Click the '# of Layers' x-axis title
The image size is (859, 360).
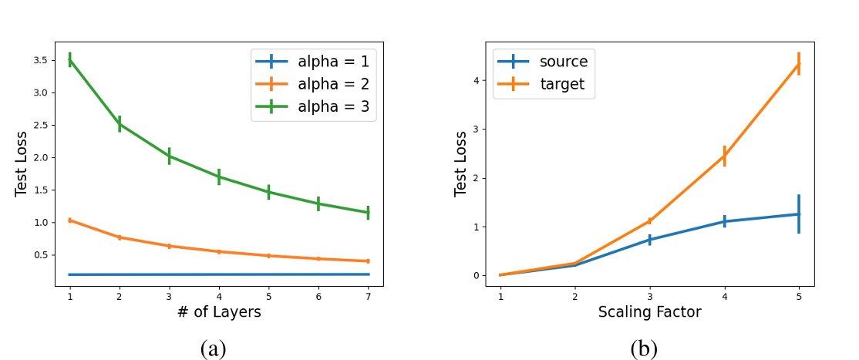click(x=219, y=311)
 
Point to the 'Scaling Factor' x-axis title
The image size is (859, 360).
click(x=650, y=311)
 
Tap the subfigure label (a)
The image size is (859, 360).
click(x=213, y=348)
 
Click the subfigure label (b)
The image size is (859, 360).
click(x=644, y=348)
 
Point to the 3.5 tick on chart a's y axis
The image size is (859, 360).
click(x=43, y=60)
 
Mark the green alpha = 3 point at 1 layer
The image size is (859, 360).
click(x=70, y=59)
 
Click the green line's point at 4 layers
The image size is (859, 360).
click(x=219, y=177)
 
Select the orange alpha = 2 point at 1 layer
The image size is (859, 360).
click(x=70, y=220)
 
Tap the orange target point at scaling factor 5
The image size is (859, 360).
click(x=799, y=63)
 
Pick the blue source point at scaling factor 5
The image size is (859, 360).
click(x=799, y=214)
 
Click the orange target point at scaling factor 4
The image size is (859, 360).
click(x=724, y=156)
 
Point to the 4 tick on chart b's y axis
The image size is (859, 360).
click(x=479, y=80)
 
